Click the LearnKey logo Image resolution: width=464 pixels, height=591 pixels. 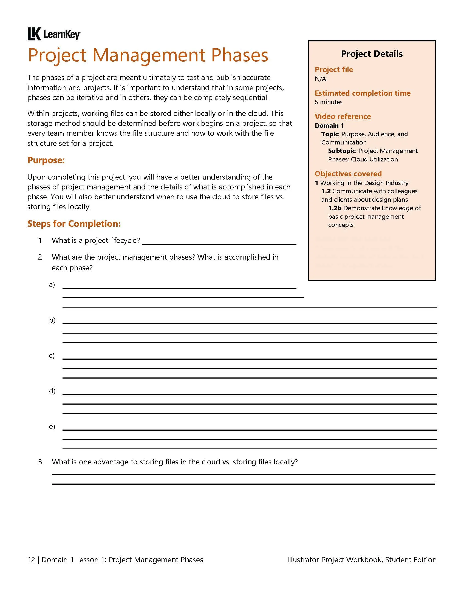click(x=54, y=34)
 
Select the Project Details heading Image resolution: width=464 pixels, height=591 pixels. click(x=372, y=54)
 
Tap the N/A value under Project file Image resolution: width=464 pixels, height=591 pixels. click(x=320, y=79)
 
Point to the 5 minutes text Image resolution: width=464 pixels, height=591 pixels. click(x=329, y=102)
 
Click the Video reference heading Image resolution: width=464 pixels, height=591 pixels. click(x=343, y=117)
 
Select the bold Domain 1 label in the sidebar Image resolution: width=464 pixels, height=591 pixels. click(x=329, y=126)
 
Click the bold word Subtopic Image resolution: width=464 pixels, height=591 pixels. click(x=341, y=151)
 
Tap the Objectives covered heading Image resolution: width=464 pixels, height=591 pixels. click(x=348, y=174)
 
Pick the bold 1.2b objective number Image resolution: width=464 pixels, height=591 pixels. click(x=335, y=208)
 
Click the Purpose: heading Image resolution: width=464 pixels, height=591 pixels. click(x=46, y=160)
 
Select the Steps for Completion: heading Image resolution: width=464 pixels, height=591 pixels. click(x=74, y=224)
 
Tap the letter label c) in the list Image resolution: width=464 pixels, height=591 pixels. click(x=52, y=356)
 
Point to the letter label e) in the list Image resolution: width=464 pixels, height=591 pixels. click(x=52, y=427)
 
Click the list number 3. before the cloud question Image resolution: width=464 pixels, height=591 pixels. click(x=41, y=462)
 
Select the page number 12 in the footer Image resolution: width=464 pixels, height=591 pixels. click(x=31, y=560)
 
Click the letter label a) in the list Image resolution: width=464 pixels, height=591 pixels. click(x=52, y=285)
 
